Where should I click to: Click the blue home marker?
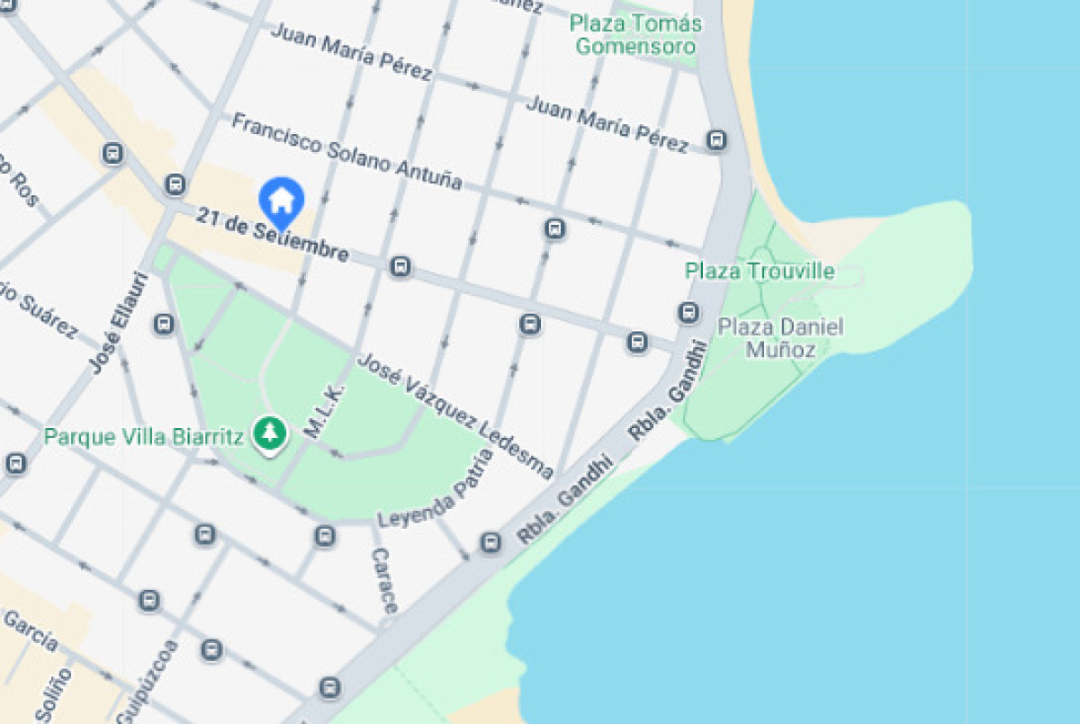(x=282, y=199)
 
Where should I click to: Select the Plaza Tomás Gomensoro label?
(x=635, y=34)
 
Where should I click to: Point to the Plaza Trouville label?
(x=760, y=271)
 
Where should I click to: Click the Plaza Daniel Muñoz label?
(x=780, y=337)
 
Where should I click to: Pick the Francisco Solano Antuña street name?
(x=347, y=151)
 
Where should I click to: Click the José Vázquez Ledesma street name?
(x=455, y=415)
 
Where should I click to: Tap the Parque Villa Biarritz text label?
(x=144, y=438)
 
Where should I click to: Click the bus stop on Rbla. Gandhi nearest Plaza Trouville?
(x=688, y=313)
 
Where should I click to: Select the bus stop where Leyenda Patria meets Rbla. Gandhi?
(x=490, y=542)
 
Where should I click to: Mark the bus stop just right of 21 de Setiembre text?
(x=400, y=267)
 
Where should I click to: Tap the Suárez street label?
(x=40, y=314)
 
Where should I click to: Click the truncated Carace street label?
(x=383, y=580)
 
